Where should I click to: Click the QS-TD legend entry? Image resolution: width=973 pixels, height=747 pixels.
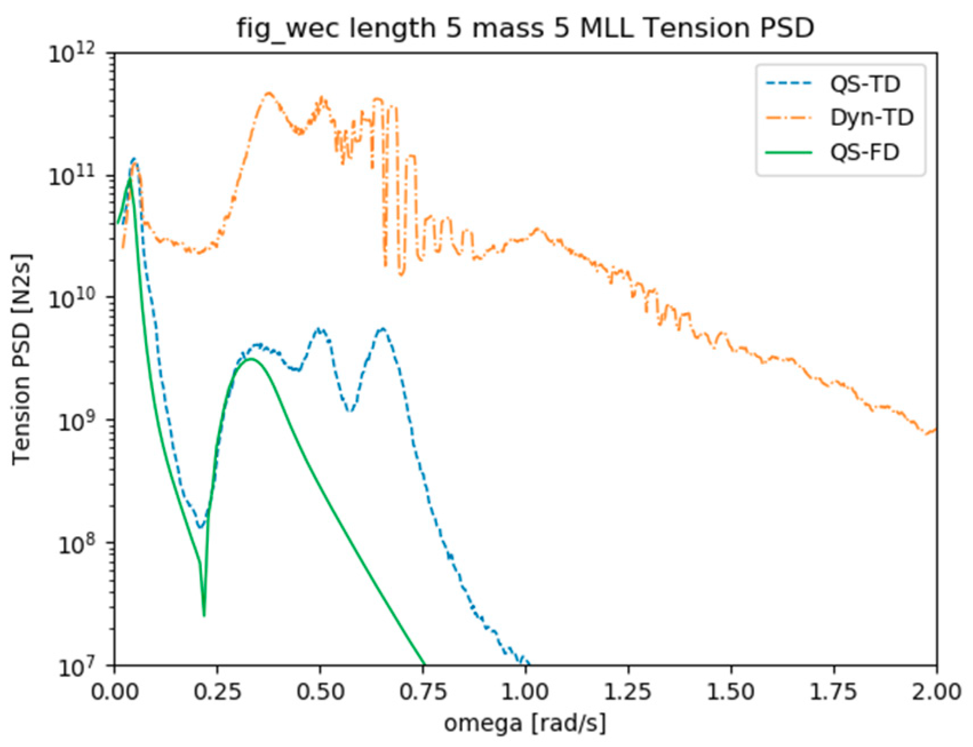(x=864, y=83)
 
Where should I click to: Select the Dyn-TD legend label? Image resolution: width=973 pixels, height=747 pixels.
(x=871, y=117)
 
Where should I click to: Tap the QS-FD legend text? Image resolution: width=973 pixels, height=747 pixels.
(x=864, y=152)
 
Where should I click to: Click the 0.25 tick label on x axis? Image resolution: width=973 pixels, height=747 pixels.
(x=217, y=692)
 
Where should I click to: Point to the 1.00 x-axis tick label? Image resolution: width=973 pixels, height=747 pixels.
(x=525, y=692)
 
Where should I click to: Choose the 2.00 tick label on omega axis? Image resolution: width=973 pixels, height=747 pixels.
(x=936, y=692)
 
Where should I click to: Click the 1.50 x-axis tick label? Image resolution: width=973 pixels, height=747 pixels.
(x=731, y=692)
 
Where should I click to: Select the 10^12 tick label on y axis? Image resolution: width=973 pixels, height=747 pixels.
(x=77, y=54)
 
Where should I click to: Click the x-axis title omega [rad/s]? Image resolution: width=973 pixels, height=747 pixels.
(x=525, y=723)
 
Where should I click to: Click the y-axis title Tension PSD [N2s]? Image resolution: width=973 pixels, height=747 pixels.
(x=22, y=359)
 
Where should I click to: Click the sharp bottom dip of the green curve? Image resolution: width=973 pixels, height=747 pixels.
(x=204, y=616)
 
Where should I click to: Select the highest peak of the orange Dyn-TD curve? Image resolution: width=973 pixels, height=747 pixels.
(x=269, y=93)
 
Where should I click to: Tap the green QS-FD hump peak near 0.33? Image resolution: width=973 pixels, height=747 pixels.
(x=250, y=359)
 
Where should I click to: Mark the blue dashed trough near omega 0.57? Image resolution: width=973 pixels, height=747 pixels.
(x=350, y=410)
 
